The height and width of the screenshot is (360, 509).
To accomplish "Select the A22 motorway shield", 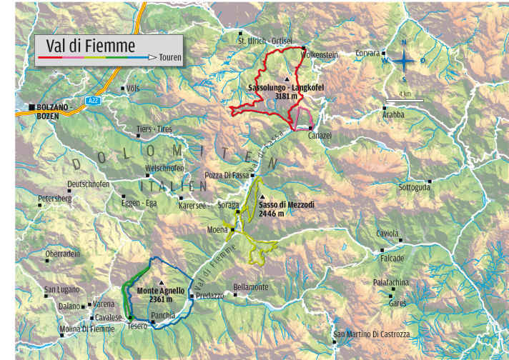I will tap(93, 101).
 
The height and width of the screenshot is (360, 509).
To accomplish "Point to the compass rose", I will tap(404, 61).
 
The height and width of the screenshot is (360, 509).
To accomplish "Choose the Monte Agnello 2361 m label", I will tap(161, 294).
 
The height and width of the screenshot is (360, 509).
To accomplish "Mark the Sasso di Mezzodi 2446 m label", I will tap(287, 208).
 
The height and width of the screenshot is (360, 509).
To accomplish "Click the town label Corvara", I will tap(368, 53).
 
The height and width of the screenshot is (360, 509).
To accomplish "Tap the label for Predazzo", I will tap(209, 295).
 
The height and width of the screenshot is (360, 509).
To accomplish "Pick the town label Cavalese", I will tap(109, 317).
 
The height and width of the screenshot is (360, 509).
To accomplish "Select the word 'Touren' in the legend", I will tap(170, 56).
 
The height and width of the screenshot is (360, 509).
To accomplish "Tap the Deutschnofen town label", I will tap(88, 184).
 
